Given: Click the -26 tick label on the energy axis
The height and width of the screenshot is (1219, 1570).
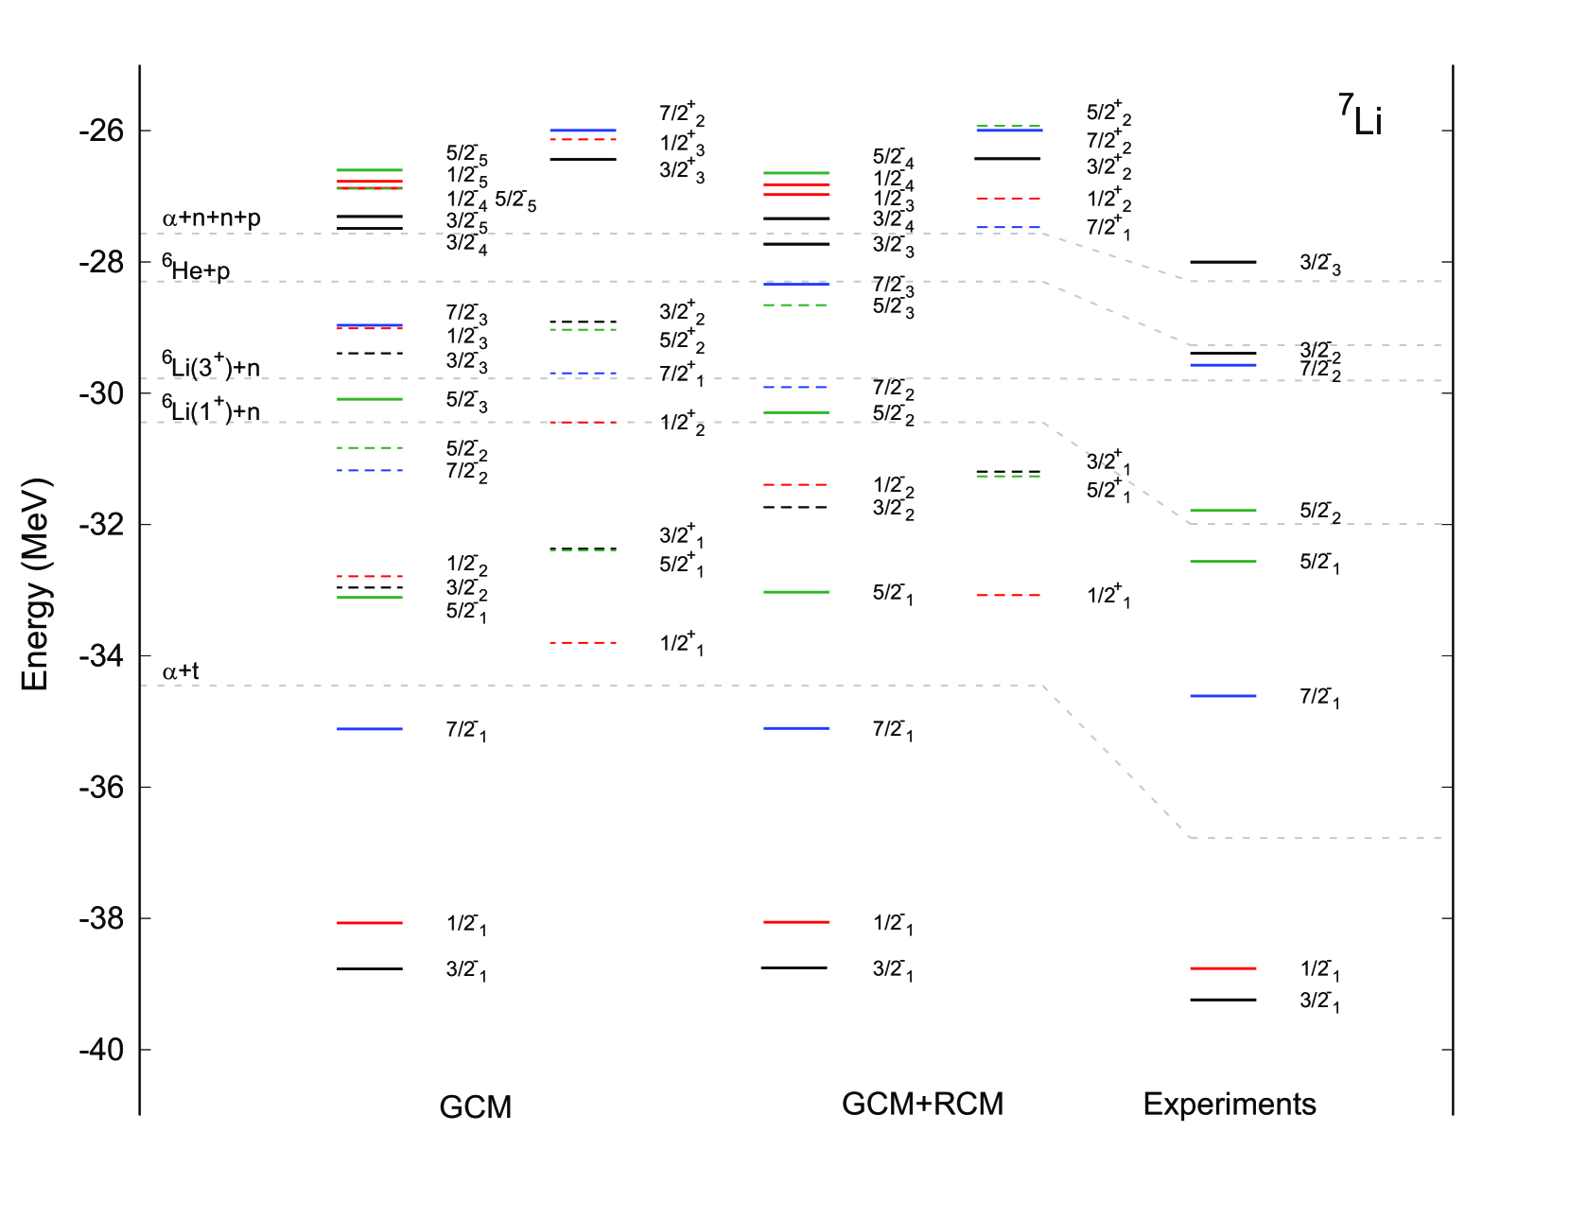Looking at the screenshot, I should coord(101,131).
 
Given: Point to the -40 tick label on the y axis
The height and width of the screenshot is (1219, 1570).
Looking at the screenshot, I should coord(101,1050).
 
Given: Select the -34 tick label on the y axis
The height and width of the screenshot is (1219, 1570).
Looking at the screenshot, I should coord(101,655).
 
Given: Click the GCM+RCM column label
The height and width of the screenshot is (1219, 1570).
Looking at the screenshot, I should coord(922,1104).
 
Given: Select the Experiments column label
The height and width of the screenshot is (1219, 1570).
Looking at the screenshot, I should coord(1229,1104).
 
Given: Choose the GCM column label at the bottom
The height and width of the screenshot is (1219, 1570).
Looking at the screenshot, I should coord(475,1106).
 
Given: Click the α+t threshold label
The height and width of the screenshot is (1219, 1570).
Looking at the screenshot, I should coord(181,671).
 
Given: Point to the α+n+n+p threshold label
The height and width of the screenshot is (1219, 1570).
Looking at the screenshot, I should coord(211,218).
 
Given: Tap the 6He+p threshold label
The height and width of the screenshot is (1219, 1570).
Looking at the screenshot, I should coord(196,269).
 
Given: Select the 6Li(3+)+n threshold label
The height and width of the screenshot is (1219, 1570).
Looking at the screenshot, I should coord(210,365).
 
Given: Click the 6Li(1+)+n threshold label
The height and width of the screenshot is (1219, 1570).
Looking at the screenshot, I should coord(210,409).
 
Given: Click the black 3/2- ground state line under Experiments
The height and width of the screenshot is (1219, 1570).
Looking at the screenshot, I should coord(1223,1000).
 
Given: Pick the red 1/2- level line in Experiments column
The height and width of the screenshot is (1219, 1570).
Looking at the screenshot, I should coord(1223,968).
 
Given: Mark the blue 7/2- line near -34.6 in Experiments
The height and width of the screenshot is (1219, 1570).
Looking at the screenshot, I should coord(1223,696).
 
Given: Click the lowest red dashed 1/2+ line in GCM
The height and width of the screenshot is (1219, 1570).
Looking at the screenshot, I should coord(583,643).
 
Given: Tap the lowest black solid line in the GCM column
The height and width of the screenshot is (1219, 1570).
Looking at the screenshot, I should coord(370,968).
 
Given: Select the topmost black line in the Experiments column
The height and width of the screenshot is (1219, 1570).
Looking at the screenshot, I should coord(1223,262).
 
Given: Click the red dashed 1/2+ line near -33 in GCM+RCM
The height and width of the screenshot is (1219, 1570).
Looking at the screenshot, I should coord(1008,595).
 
